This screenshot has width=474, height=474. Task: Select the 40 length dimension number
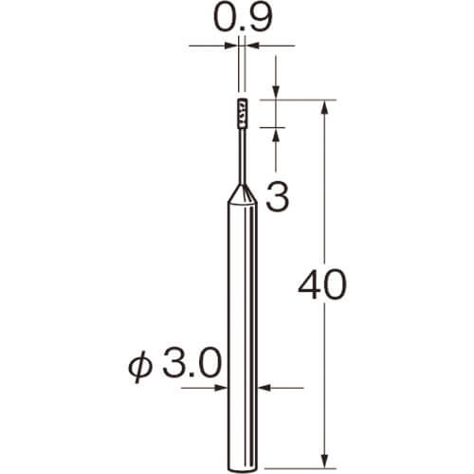[x=322, y=284]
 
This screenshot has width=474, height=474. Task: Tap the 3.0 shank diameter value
[x=191, y=363]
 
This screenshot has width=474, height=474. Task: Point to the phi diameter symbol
[x=140, y=367]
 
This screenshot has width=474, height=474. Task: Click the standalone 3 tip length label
[x=278, y=198]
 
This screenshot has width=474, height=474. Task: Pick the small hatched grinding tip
[x=243, y=114]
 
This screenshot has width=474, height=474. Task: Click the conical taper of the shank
[x=243, y=193]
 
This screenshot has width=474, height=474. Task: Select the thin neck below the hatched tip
[x=243, y=156]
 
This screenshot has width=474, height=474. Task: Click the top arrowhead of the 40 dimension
[x=325, y=107]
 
